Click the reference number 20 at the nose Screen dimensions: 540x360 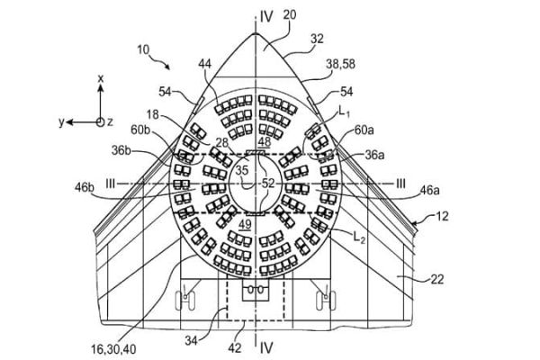click(x=289, y=15)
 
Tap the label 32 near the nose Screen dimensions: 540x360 click(x=317, y=39)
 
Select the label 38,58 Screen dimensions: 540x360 click(x=340, y=64)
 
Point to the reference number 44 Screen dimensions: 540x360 click(x=204, y=64)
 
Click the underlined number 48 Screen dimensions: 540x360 click(x=265, y=141)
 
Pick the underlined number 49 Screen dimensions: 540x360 click(x=245, y=225)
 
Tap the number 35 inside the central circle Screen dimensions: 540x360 click(x=242, y=170)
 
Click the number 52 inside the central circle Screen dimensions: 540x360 click(x=268, y=184)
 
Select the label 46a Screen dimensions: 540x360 click(x=429, y=190)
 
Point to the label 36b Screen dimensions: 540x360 click(x=121, y=150)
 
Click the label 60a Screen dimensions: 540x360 click(x=364, y=130)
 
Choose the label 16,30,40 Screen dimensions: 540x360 click(x=113, y=349)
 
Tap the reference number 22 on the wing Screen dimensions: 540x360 click(x=436, y=279)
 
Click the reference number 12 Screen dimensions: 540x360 click(x=442, y=216)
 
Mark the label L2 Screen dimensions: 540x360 click(x=359, y=237)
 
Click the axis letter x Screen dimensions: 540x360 click(x=101, y=78)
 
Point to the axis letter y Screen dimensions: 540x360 click(x=61, y=122)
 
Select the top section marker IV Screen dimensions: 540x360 click(x=266, y=16)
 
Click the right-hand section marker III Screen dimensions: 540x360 click(x=400, y=184)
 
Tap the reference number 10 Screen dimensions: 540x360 click(x=143, y=49)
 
